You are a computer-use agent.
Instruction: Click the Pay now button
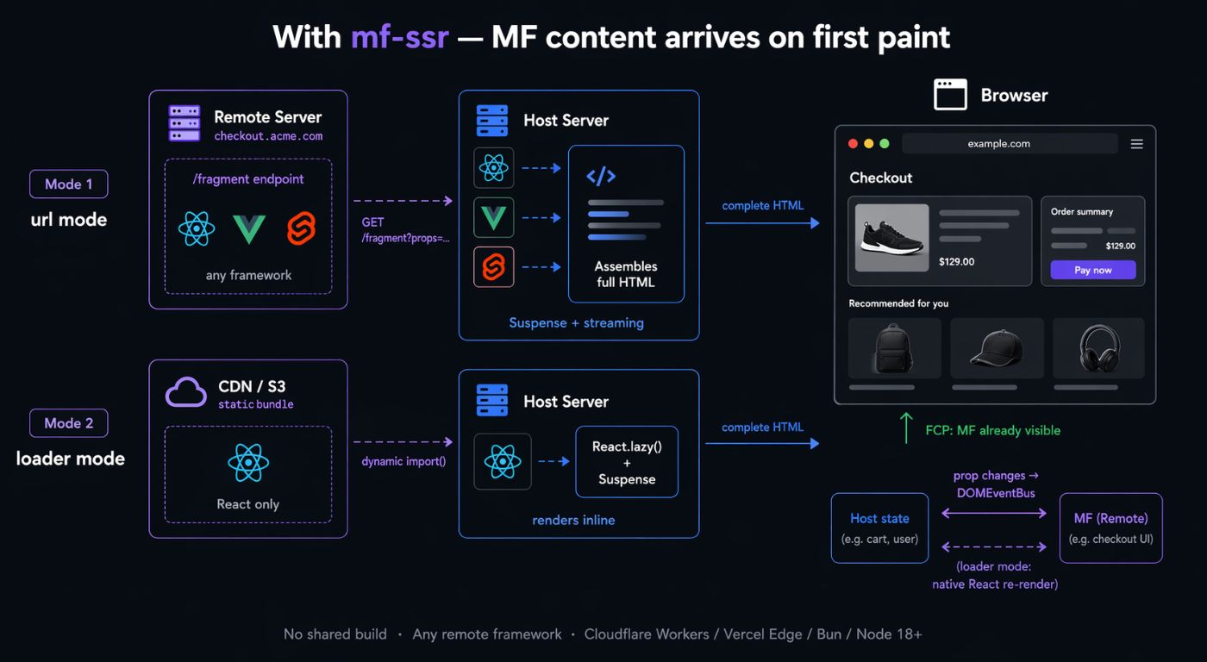[1093, 270]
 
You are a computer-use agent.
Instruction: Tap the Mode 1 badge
[68, 184]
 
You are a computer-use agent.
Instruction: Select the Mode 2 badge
[68, 423]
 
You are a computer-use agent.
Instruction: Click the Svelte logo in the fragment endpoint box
[301, 228]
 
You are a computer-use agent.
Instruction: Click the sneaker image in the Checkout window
[891, 238]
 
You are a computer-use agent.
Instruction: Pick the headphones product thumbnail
[1098, 348]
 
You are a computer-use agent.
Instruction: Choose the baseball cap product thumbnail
[997, 348]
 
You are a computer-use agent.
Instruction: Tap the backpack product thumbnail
[895, 348]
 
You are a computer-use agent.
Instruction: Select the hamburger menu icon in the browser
[1137, 144]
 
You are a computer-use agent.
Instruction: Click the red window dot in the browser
[853, 144]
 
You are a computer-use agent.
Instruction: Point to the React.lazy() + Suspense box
[627, 462]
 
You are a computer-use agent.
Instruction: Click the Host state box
[879, 528]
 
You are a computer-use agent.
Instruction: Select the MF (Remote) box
[1110, 528]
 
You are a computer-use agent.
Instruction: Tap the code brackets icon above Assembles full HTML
[601, 176]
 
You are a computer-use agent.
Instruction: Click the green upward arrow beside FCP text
[906, 428]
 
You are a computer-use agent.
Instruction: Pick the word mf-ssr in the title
[400, 37]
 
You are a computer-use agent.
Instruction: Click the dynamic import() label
[403, 462]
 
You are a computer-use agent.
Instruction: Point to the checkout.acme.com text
[268, 136]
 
